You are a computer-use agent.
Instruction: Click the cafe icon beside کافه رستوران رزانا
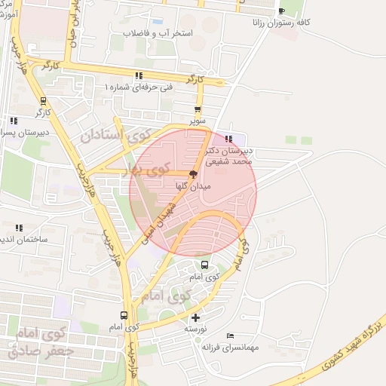click(281, 11)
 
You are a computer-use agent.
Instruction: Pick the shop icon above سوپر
click(198, 109)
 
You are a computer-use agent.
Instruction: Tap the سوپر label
click(198, 120)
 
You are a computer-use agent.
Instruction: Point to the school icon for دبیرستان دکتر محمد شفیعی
click(228, 139)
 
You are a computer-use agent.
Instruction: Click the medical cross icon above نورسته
click(196, 317)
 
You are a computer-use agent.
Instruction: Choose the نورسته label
click(196, 329)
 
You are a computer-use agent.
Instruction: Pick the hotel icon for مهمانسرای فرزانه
click(230, 335)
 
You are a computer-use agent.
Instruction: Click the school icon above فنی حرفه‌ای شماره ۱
click(139, 75)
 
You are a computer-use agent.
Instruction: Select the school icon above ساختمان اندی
click(19, 227)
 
